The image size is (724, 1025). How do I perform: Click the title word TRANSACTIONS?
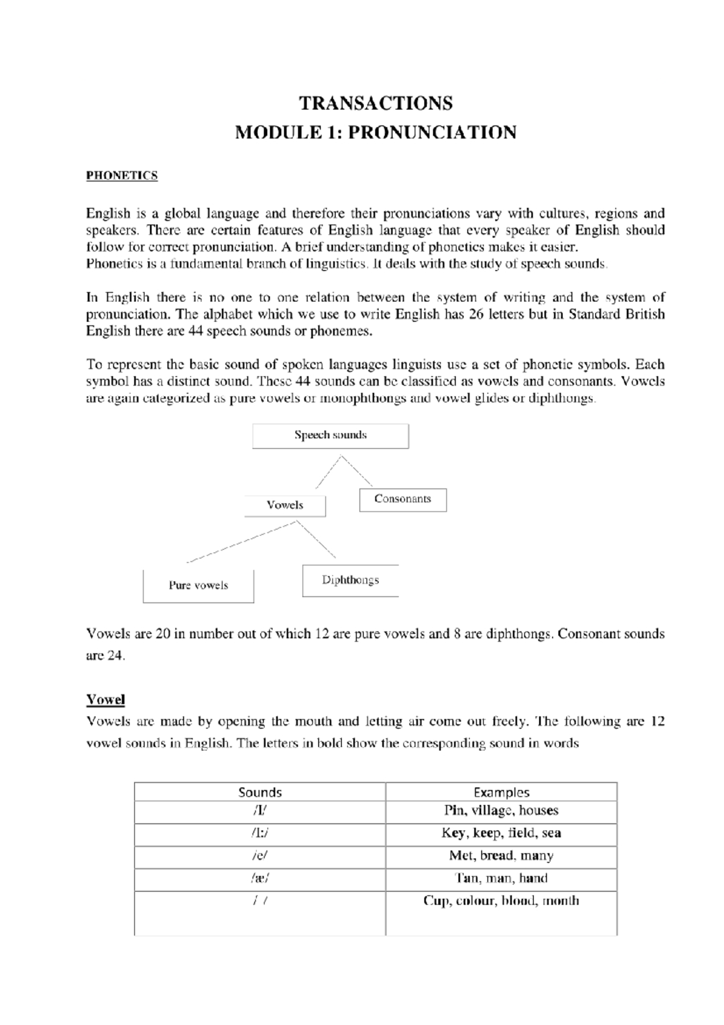pyautogui.click(x=376, y=104)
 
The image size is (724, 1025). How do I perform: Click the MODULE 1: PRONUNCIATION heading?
pyautogui.click(x=375, y=132)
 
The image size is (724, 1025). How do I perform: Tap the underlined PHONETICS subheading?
pyautogui.click(x=122, y=176)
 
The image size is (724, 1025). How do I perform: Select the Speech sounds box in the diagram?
pyautogui.click(x=330, y=435)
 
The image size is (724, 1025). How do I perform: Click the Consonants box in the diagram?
pyautogui.click(x=402, y=499)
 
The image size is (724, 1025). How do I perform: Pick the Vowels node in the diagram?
pyautogui.click(x=285, y=505)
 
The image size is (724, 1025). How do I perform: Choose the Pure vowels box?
pyautogui.click(x=198, y=586)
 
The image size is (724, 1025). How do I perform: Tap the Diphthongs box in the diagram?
pyautogui.click(x=350, y=580)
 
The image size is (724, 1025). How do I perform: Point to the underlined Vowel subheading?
pyautogui.click(x=106, y=700)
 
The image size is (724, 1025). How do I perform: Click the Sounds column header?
pyautogui.click(x=260, y=792)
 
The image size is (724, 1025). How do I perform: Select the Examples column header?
pyautogui.click(x=501, y=792)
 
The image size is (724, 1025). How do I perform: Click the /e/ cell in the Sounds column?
pyautogui.click(x=260, y=856)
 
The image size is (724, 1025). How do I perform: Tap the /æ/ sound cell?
pyautogui.click(x=260, y=878)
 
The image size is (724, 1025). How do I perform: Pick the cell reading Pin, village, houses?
pyautogui.click(x=501, y=811)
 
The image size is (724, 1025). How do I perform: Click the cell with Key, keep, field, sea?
pyautogui.click(x=501, y=833)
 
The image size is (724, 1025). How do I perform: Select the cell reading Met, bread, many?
pyautogui.click(x=501, y=856)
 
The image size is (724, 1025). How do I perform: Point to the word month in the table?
pyautogui.click(x=560, y=901)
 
